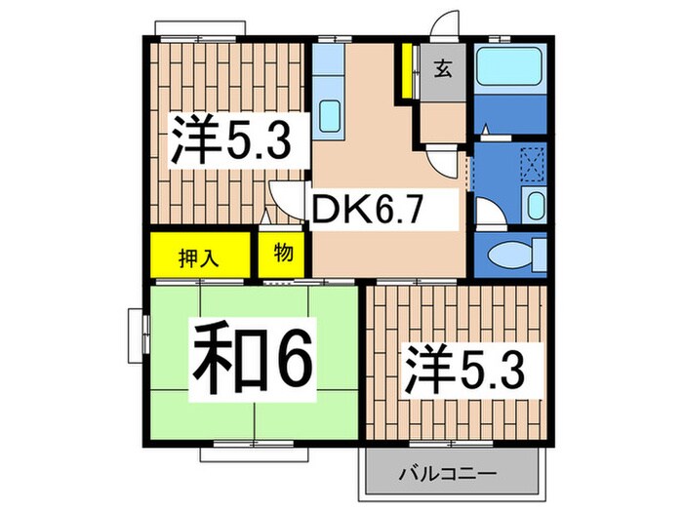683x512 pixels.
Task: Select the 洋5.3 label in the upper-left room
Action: [x=231, y=142]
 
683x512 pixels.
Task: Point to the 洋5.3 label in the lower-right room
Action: [x=465, y=370]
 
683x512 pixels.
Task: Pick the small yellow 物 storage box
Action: [x=283, y=254]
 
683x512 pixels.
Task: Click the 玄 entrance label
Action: [x=443, y=69]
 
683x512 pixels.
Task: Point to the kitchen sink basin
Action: [x=330, y=117]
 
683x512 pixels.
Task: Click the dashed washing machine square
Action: [x=532, y=160]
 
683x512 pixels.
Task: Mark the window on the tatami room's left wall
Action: [x=136, y=336]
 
